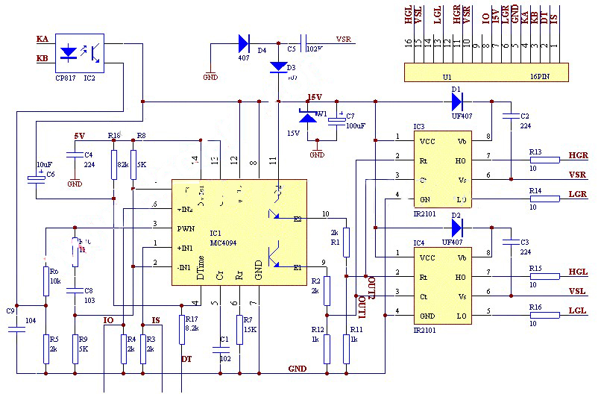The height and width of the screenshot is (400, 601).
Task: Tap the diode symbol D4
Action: tap(244, 43)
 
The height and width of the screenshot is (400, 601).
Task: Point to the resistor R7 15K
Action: tap(239, 329)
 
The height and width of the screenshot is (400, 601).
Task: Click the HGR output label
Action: tap(578, 155)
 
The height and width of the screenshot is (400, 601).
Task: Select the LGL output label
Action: tap(578, 310)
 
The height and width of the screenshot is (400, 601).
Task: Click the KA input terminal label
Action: tap(43, 39)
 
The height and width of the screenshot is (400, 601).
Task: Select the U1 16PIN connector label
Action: tap(485, 76)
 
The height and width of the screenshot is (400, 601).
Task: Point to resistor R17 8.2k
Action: tap(183, 329)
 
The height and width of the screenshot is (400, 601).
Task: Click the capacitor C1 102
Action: tap(225, 349)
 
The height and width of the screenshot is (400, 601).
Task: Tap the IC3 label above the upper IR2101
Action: tap(418, 127)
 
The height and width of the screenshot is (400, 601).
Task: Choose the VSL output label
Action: tap(578, 292)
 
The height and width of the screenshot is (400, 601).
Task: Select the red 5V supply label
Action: tap(79, 136)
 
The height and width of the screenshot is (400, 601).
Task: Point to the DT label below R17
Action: tap(186, 359)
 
